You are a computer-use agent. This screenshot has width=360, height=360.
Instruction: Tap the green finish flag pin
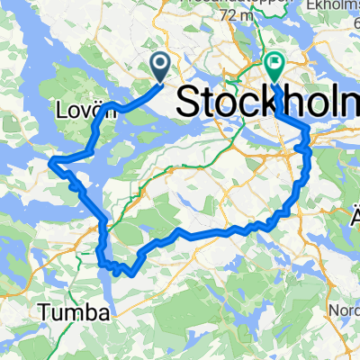274,66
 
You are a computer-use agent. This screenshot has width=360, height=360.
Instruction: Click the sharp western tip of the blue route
53,161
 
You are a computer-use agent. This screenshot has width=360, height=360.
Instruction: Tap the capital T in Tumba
44,313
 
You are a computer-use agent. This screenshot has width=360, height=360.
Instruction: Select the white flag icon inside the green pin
274,64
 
